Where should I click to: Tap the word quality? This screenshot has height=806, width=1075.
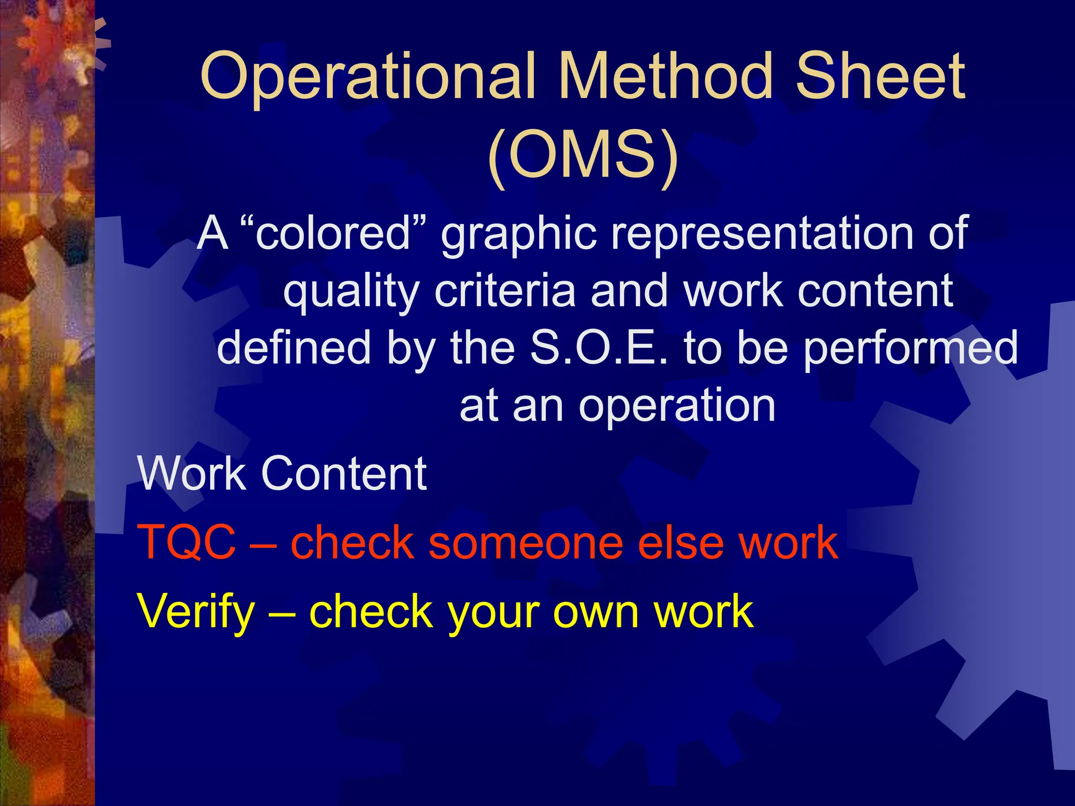pos(351,292)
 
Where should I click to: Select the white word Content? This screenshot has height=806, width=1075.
pos(344,473)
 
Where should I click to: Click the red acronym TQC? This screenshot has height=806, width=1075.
pos(187,542)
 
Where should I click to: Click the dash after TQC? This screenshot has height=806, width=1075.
pos(263,543)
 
